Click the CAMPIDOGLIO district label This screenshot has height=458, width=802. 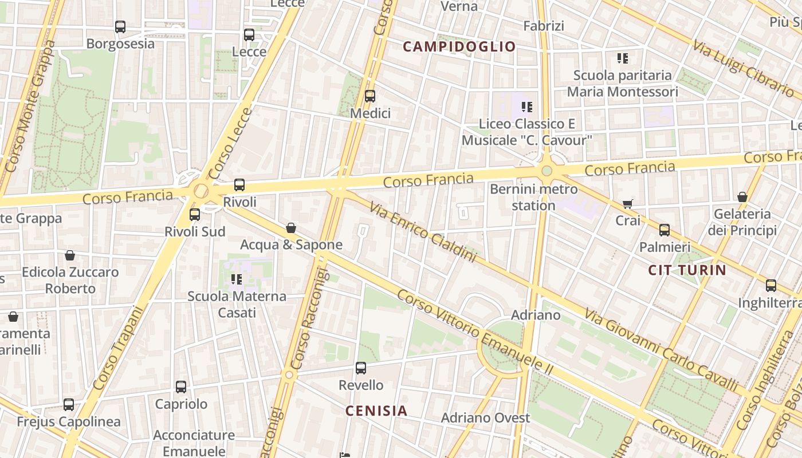click(459, 46)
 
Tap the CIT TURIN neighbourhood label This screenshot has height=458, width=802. click(687, 270)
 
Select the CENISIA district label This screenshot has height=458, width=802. click(376, 410)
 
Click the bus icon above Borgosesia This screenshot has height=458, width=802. click(120, 27)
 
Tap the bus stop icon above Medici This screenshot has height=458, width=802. click(370, 96)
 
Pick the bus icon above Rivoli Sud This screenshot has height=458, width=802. click(195, 215)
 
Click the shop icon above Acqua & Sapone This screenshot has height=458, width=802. click(291, 228)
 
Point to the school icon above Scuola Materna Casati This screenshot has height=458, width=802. click(237, 279)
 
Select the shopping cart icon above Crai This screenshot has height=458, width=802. click(628, 204)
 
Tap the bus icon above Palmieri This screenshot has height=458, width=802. click(665, 230)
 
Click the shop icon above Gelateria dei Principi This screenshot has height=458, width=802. click(742, 197)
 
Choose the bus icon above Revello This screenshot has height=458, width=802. click(361, 368)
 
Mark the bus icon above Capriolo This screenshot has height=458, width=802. click(181, 387)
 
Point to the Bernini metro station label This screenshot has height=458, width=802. click(533, 197)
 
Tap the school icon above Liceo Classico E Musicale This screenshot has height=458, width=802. click(527, 107)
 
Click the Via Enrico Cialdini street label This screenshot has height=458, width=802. click(423, 232)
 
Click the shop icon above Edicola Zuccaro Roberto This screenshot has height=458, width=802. click(70, 255)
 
